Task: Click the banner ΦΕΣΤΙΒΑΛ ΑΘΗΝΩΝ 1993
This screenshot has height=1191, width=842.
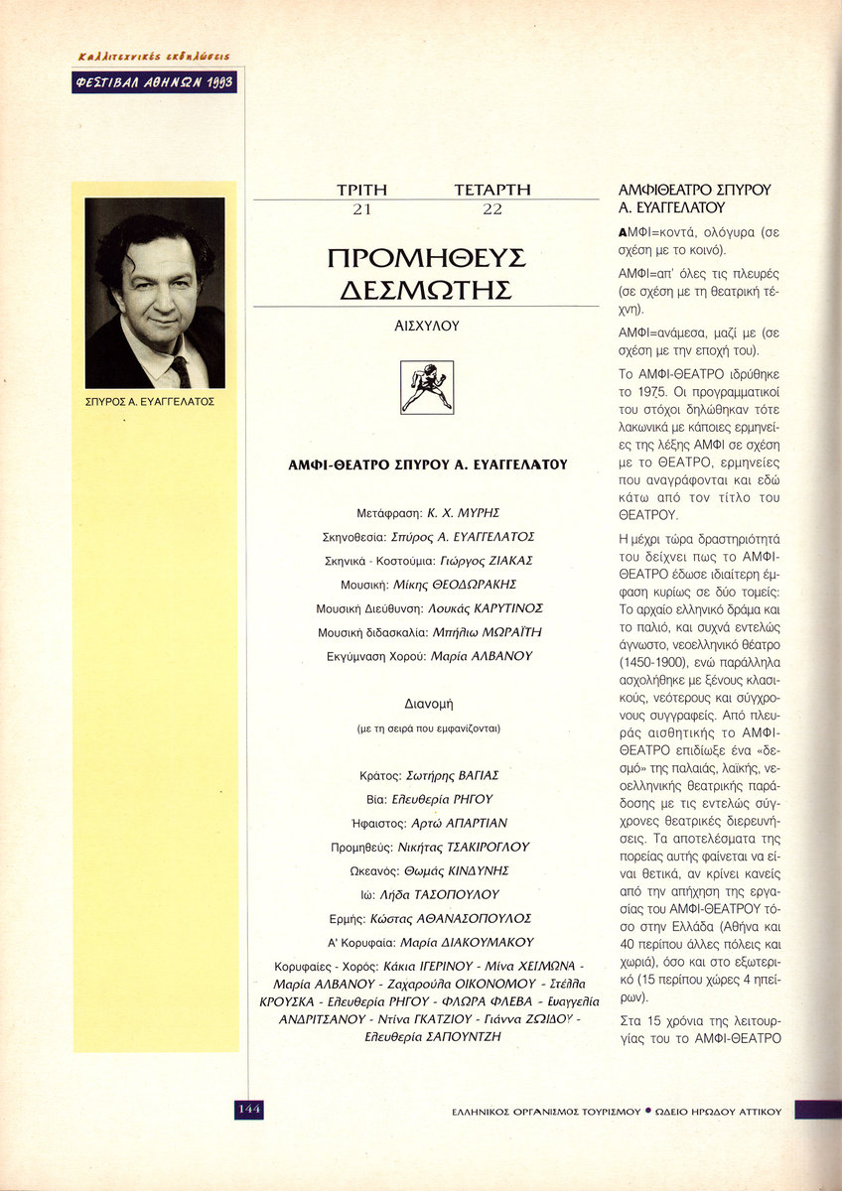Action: tap(154, 82)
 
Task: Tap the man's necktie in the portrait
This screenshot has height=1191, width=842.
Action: tap(179, 369)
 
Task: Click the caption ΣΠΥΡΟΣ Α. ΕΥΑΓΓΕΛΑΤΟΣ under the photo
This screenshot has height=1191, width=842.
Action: tap(151, 403)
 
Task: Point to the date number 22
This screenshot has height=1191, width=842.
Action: tap(491, 209)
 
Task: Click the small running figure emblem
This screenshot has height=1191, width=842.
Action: tap(426, 387)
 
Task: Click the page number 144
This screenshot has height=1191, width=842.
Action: tap(249, 1110)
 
